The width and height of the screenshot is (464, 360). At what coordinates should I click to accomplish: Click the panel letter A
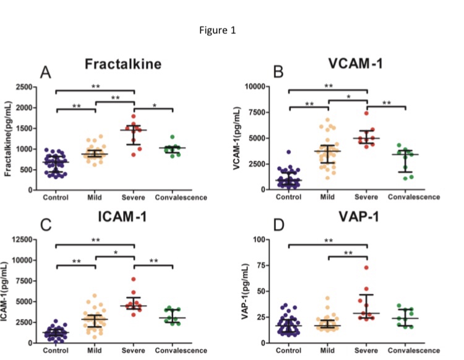pyautogui.click(x=45, y=73)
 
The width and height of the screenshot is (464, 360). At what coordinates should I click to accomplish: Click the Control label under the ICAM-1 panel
pyautogui.click(x=56, y=351)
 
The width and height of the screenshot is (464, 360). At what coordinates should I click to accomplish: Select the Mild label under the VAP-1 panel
pyautogui.click(x=329, y=351)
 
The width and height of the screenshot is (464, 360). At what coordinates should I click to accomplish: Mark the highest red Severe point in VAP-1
pyautogui.click(x=366, y=268)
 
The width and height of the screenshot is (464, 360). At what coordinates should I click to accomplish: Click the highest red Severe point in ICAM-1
pyautogui.click(x=133, y=279)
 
